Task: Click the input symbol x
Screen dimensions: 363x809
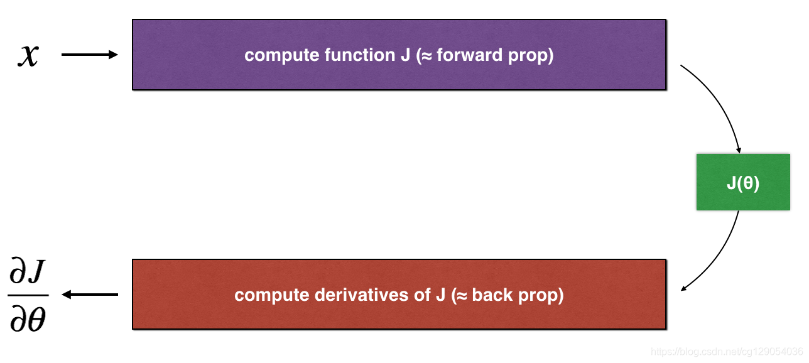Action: (28, 55)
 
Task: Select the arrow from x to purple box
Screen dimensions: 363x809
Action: (89, 55)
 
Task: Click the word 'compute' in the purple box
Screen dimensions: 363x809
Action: (282, 55)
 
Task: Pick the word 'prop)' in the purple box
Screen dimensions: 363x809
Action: (531, 55)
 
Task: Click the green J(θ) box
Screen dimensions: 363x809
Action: (743, 182)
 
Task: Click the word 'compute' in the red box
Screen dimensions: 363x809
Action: (271, 295)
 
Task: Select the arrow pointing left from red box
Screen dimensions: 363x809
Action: (90, 295)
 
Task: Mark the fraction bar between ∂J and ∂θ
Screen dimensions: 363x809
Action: (28, 295)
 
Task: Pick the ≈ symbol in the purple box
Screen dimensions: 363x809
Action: (426, 55)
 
